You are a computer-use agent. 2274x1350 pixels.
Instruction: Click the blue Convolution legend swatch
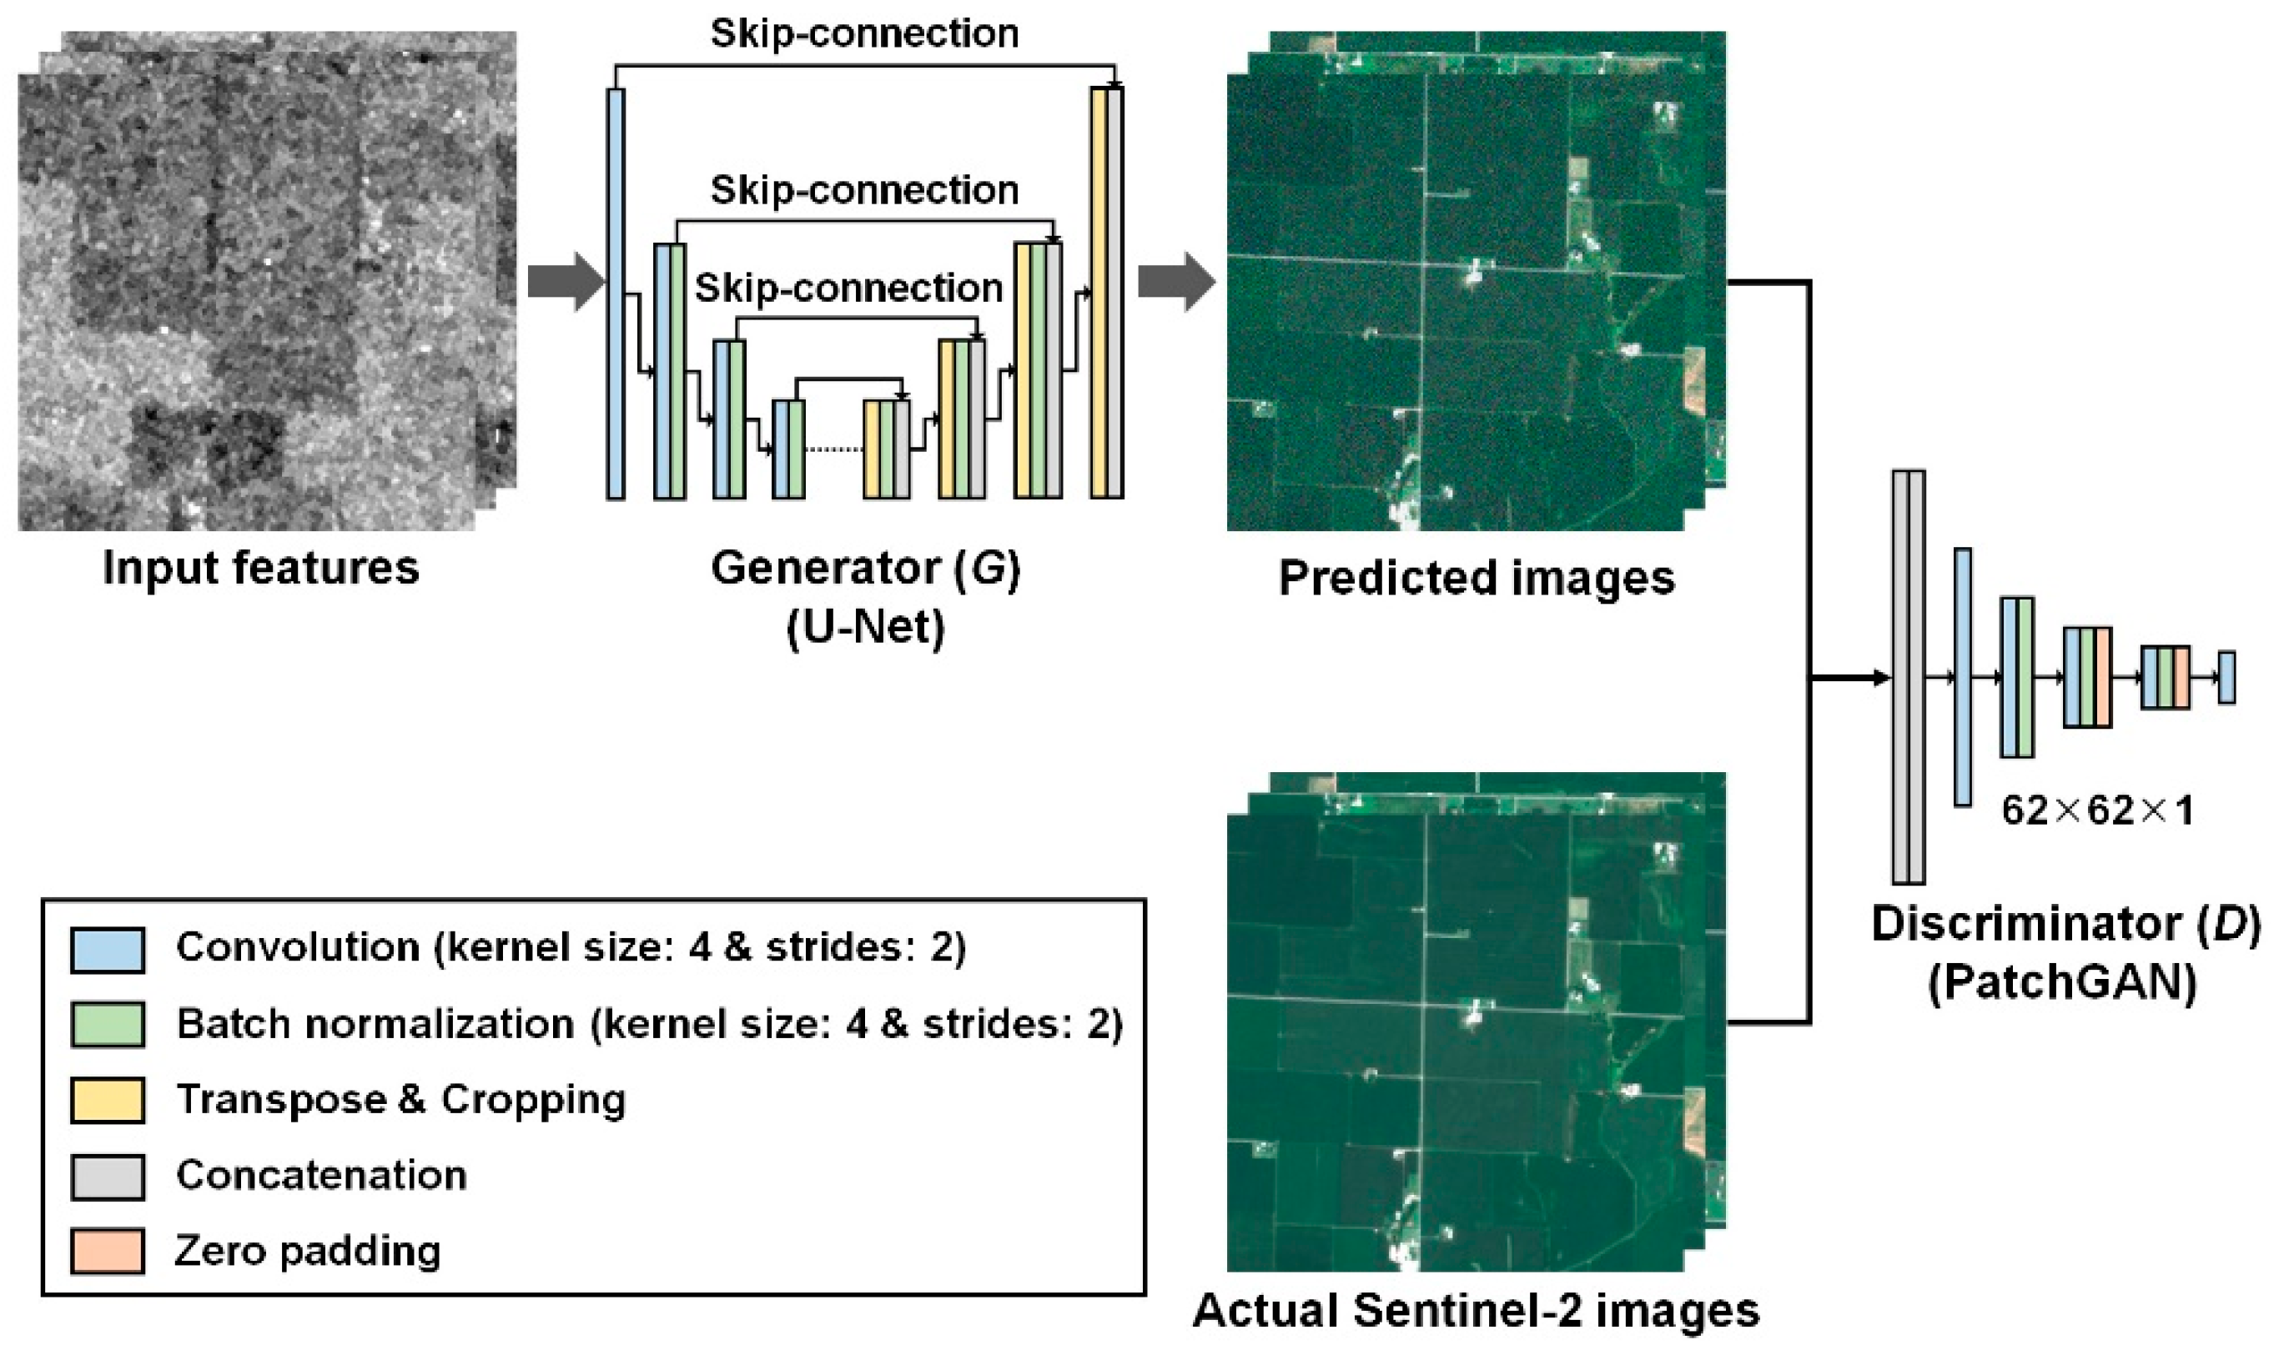108,950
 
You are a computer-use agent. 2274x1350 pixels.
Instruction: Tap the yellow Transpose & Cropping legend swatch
108,1100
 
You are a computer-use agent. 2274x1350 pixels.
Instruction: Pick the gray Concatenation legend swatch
108,1177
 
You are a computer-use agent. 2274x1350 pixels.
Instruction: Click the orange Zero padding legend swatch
108,1251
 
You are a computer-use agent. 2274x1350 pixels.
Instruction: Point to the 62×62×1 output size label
2096,810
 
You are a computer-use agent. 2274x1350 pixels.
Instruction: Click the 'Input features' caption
260,569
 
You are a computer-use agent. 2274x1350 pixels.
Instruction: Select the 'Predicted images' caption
1476,578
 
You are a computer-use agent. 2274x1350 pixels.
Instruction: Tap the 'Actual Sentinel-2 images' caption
1476,1311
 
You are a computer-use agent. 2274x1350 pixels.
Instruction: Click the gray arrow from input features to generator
565,281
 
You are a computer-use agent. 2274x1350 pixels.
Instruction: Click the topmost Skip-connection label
864,33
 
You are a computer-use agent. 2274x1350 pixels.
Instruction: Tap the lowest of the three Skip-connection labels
848,289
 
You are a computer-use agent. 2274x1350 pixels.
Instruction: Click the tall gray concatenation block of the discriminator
1908,677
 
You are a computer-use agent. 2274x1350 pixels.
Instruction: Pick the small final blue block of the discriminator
2226,678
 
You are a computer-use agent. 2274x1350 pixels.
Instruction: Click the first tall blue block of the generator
616,294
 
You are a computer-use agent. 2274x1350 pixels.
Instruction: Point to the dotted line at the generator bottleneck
833,449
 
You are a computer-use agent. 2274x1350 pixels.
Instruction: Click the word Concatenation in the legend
321,1177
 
